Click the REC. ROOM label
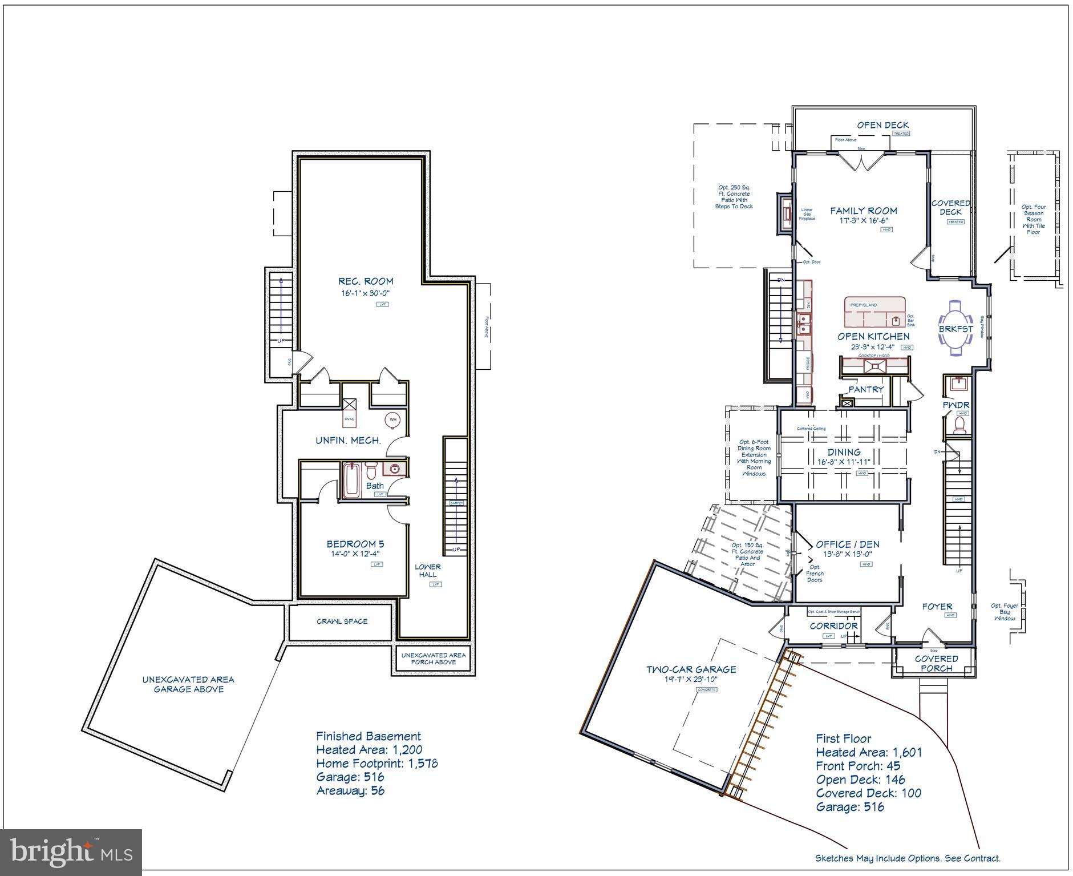pyautogui.click(x=366, y=281)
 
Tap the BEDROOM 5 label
pyautogui.click(x=355, y=544)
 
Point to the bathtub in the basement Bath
pyautogui.click(x=350, y=481)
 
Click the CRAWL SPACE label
pyautogui.click(x=342, y=621)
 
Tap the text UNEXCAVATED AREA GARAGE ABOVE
pyautogui.click(x=188, y=684)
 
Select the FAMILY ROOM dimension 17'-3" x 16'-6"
pyautogui.click(x=863, y=220)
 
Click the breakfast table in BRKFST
pyautogui.click(x=956, y=329)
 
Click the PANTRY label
pyautogui.click(x=865, y=389)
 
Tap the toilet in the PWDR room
pyautogui.click(x=959, y=425)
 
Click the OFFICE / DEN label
pyautogui.click(x=848, y=544)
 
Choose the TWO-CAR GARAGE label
pyautogui.click(x=691, y=669)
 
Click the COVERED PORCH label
pyautogui.click(x=936, y=663)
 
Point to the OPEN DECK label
pyautogui.click(x=882, y=125)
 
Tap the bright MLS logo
pyautogui.click(x=71, y=852)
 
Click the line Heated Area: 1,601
pyautogui.click(x=868, y=752)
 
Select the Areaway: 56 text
pyautogui.click(x=350, y=790)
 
